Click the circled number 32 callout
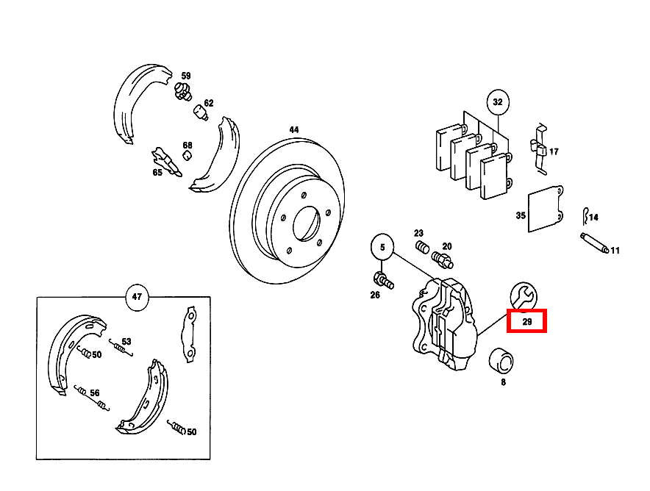[498, 102]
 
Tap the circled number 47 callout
[137, 298]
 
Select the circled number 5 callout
[382, 248]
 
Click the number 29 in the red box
[526, 321]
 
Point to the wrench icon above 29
[524, 295]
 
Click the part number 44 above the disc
[293, 130]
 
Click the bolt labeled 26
[383, 279]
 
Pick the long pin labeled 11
[593, 244]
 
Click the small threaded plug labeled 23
[422, 246]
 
